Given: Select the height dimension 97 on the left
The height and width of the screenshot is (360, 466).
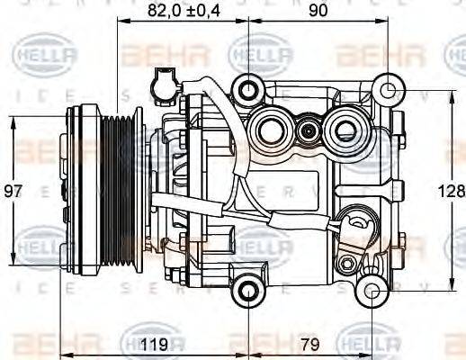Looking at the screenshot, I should pos(13,192).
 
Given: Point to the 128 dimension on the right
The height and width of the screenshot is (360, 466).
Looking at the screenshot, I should pos(453,192).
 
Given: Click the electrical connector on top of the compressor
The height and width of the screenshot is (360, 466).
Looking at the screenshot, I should pos(163,82).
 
